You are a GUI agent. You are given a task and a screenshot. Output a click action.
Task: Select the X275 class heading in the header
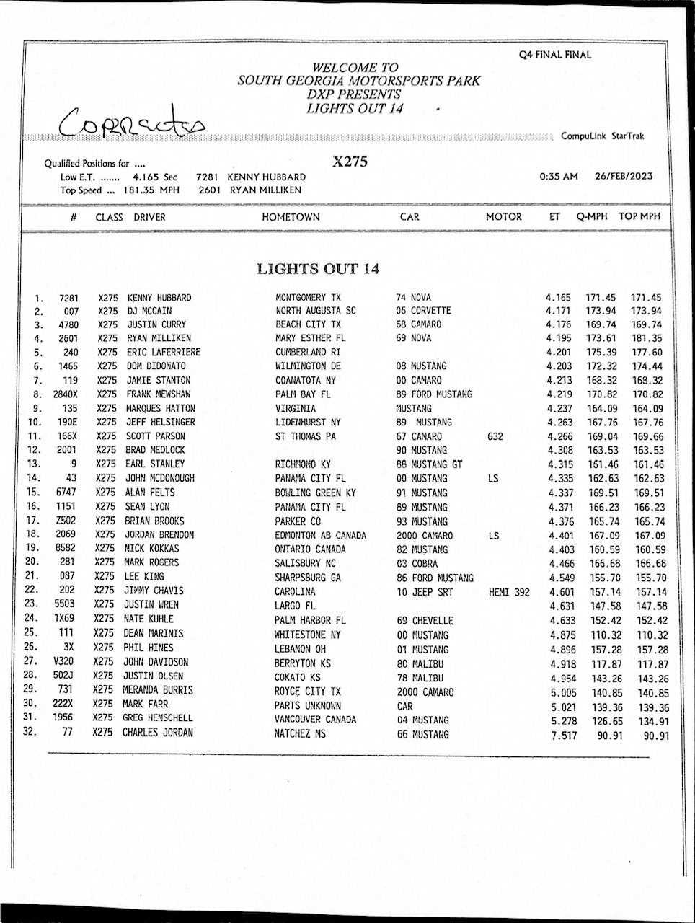(x=350, y=162)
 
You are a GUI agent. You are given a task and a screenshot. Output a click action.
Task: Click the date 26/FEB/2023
(x=624, y=176)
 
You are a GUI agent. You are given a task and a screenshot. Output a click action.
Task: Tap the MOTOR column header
(x=503, y=216)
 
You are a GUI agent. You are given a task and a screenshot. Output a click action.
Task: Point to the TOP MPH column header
(x=639, y=216)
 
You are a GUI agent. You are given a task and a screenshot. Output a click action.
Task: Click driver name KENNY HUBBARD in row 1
(x=159, y=297)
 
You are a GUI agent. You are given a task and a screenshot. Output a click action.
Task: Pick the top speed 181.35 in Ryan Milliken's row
(x=647, y=338)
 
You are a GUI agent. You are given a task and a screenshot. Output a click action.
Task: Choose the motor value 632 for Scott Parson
(x=495, y=436)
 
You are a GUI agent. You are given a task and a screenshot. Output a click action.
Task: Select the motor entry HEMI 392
(x=509, y=592)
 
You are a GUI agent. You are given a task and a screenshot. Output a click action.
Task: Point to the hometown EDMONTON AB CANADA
(x=320, y=536)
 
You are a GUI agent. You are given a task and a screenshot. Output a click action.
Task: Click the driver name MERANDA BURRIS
(x=158, y=690)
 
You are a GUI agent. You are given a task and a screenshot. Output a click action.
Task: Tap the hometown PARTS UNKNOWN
(x=307, y=705)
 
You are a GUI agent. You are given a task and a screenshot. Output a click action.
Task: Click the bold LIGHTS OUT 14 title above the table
(x=318, y=269)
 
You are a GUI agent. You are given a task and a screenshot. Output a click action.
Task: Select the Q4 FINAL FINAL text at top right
(x=555, y=55)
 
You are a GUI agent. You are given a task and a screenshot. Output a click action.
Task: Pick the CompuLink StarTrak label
(x=603, y=136)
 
